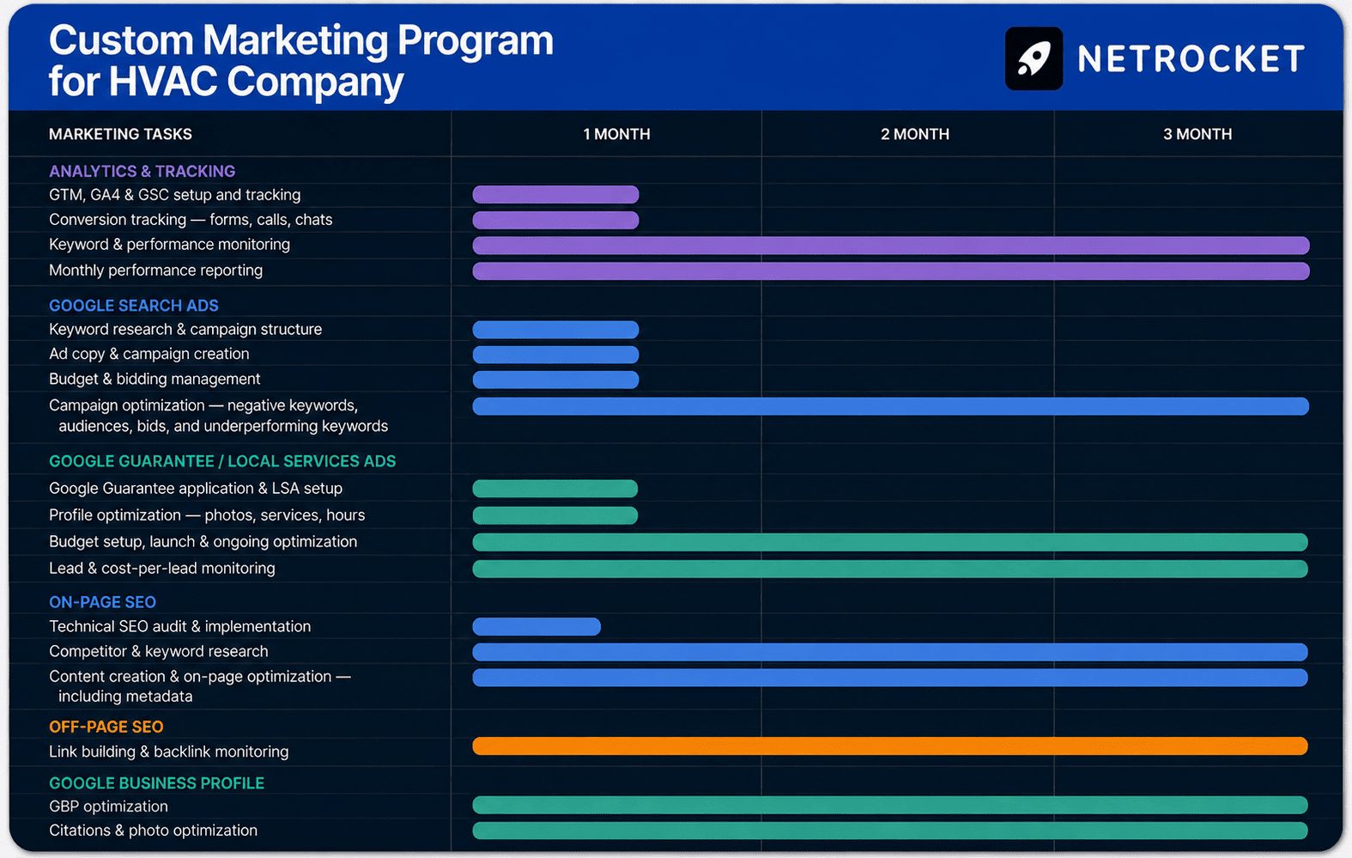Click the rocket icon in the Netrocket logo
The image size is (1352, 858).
1034,58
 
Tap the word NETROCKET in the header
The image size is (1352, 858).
1191,59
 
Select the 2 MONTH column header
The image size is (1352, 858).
914,134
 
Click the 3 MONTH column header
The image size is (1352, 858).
1197,134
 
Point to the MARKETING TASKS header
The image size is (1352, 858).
120,134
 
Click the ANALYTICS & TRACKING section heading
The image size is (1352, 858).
142,172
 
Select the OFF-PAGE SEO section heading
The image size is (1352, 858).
106,727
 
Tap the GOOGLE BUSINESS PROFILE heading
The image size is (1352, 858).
156,783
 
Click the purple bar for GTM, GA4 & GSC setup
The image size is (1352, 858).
555,194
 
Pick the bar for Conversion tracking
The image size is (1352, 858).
555,220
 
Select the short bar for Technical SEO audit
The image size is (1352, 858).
537,626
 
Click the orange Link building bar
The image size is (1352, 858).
890,746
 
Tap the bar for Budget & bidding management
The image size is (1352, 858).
555,380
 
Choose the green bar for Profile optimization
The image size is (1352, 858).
555,515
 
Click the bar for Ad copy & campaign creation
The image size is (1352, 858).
555,355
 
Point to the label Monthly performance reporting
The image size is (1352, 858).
155,271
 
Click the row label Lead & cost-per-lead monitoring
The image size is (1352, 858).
161,569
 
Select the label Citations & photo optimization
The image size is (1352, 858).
154,831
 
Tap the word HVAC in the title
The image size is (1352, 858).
163,81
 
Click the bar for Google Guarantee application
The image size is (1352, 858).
555,489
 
